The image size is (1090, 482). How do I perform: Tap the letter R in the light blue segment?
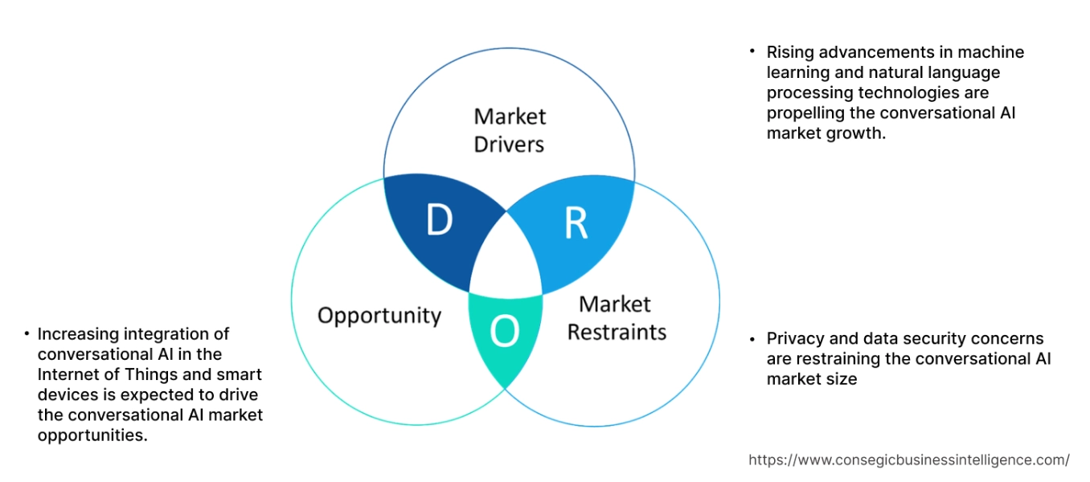point(576,225)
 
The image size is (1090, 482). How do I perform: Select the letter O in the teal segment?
point(504,332)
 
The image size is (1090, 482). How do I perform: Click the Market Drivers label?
point(509,130)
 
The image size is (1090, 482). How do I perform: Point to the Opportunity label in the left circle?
point(379,315)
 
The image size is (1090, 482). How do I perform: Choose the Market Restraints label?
point(617,318)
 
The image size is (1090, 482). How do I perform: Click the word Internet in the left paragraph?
point(66,374)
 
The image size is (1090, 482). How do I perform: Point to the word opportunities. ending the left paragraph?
point(92,435)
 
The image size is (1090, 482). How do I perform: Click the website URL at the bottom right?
point(909,460)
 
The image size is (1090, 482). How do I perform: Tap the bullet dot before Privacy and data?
point(752,337)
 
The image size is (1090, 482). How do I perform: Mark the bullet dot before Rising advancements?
point(752,51)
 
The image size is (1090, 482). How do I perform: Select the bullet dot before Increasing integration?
point(27,333)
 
